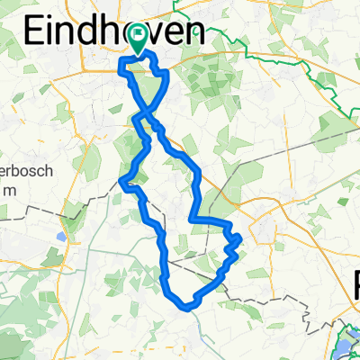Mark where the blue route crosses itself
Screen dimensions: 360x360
[145, 115]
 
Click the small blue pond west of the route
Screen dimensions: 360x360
[59, 238]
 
